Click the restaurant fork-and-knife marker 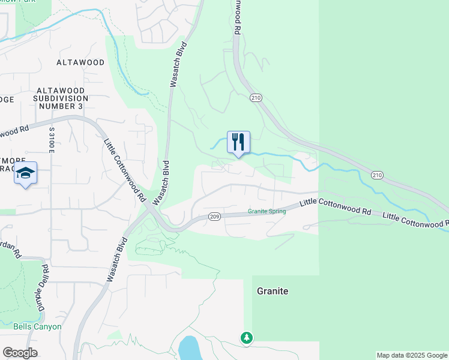tap(238, 142)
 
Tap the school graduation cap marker tap(25, 173)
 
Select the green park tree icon tap(246, 338)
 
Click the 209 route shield tap(215, 216)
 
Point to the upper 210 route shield tap(256, 98)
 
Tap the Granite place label tap(273, 291)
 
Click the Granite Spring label tap(267, 211)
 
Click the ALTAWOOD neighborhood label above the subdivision tap(80, 62)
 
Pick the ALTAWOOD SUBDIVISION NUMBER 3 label tap(61, 98)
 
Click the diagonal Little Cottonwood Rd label tap(125, 170)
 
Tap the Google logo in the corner tap(20, 353)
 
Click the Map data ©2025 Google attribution tap(412, 355)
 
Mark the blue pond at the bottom tap(189, 348)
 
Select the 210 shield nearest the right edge tap(376, 175)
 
